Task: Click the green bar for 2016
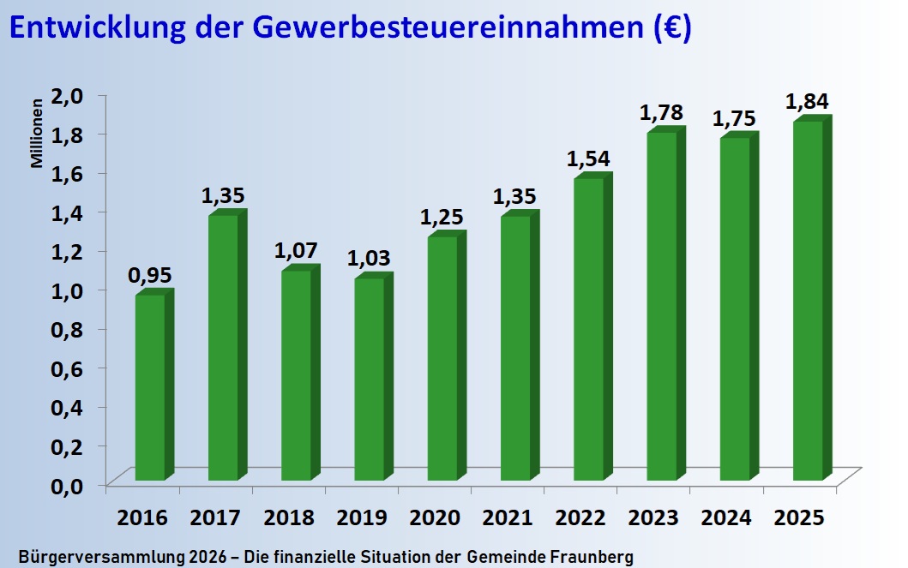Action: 150,387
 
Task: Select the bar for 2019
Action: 369,379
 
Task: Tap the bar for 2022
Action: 588,329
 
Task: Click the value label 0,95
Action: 150,276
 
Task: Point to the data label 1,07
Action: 296,251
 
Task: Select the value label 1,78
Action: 661,113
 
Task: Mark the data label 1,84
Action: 807,102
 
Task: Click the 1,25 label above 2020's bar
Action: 442,218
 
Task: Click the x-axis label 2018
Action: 289,518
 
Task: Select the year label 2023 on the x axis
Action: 653,518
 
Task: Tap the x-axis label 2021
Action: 508,518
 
